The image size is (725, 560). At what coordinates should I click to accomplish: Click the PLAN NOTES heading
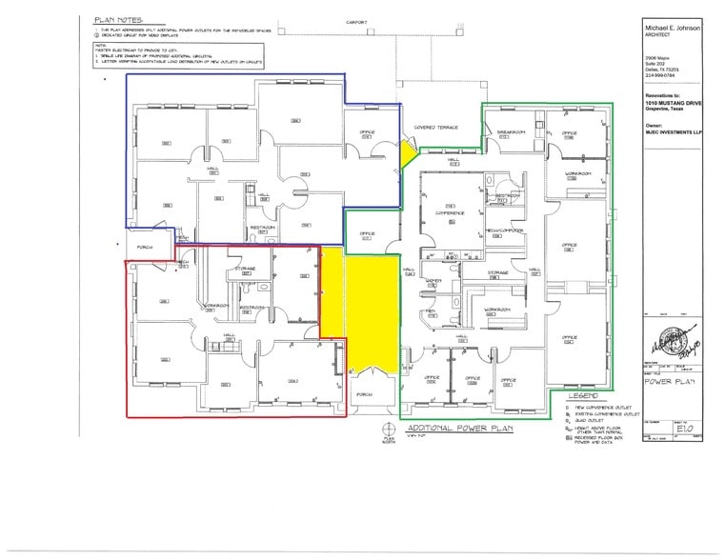[120, 19]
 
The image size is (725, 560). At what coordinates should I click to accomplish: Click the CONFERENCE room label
[450, 212]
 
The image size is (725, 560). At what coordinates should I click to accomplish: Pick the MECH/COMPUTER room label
[501, 231]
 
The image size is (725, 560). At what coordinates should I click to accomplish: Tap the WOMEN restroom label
[433, 280]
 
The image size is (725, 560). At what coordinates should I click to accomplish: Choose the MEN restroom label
[431, 310]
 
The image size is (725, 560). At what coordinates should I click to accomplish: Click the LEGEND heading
[582, 394]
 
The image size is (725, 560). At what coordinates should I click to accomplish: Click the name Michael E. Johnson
[672, 29]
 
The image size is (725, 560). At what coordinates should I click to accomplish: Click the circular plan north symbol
[388, 429]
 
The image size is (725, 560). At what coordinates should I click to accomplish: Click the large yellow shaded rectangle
[371, 310]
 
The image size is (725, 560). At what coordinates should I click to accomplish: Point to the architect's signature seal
[673, 339]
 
